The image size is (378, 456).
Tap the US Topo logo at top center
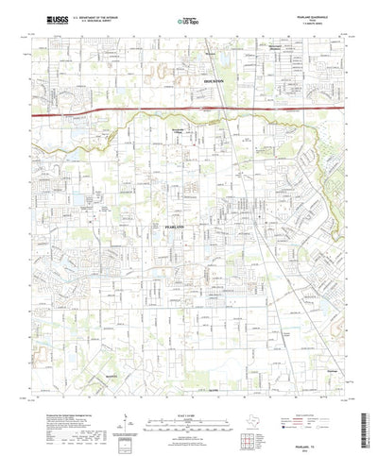tap(188, 19)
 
